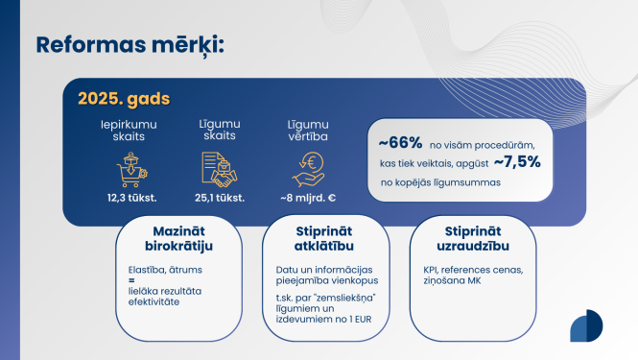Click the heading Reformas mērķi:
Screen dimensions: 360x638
tap(130, 44)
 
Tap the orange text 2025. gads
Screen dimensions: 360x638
tap(118, 99)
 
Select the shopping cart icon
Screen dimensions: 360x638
tap(131, 169)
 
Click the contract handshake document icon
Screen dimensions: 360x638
tap(221, 169)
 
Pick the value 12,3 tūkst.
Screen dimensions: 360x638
tap(131, 198)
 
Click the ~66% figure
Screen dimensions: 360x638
tap(400, 142)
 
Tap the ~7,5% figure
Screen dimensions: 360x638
tap(518, 161)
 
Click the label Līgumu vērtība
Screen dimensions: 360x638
tap(308, 132)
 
